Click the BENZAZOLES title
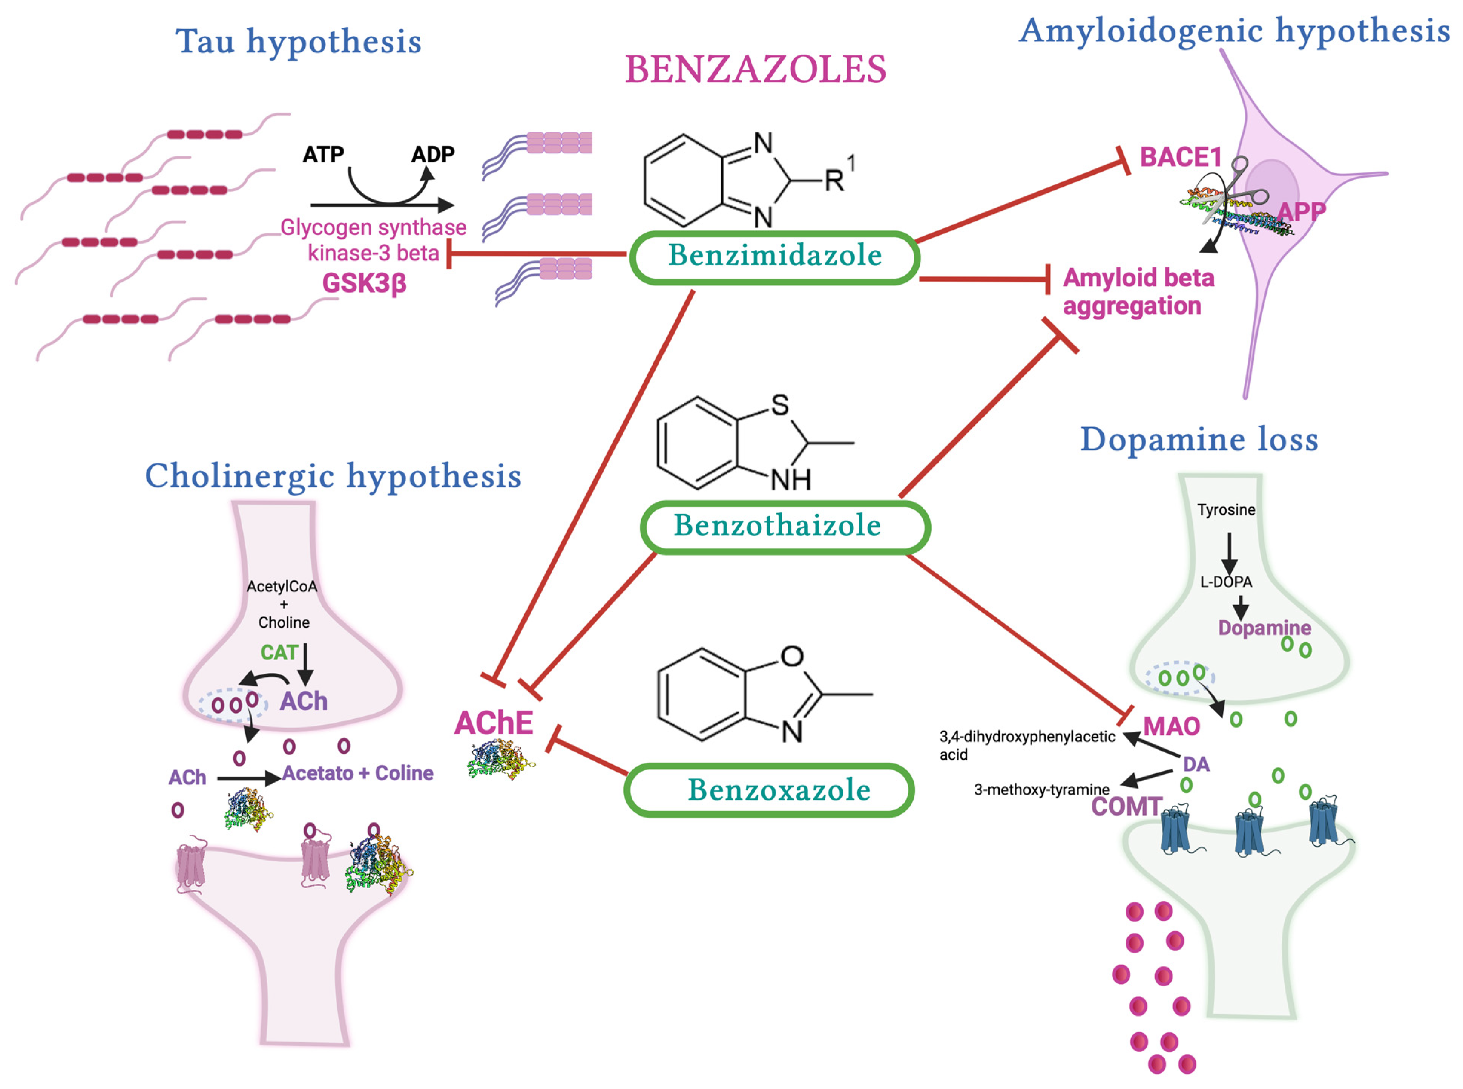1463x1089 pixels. click(x=756, y=70)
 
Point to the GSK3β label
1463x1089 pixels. click(x=364, y=283)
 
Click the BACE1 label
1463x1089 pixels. click(x=1180, y=158)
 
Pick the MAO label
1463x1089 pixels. click(x=1171, y=726)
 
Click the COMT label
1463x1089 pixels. click(x=1126, y=806)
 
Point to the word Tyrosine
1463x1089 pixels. click(x=1226, y=510)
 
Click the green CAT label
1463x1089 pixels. click(x=279, y=652)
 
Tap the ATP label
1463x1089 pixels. click(x=323, y=154)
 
